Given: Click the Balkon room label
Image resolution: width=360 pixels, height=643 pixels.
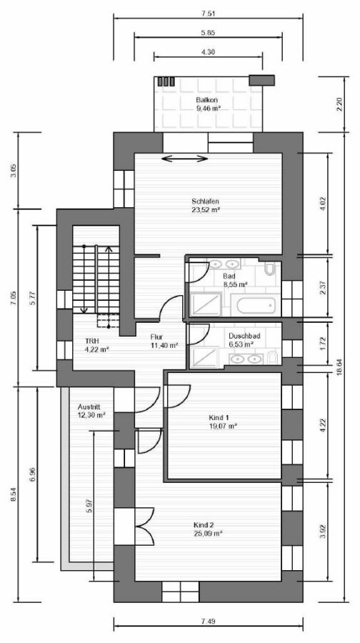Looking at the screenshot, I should click(x=207, y=101).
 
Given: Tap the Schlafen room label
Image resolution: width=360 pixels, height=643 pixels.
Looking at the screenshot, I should click(x=204, y=201).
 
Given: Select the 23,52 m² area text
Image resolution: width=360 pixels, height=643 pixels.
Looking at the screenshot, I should click(x=204, y=210).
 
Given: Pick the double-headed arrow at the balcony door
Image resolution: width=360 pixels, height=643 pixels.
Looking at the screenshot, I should click(x=185, y=158).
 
